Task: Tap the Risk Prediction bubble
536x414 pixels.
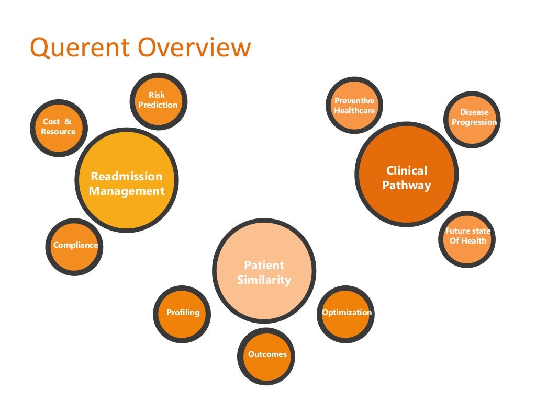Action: [x=158, y=100]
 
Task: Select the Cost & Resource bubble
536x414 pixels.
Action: [x=59, y=127]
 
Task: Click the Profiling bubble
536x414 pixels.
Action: [x=183, y=313]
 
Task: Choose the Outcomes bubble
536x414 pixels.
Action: [x=267, y=355]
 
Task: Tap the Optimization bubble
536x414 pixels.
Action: [x=346, y=313]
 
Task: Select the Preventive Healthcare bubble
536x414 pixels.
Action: [x=354, y=106]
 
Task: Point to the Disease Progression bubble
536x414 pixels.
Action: [x=474, y=118]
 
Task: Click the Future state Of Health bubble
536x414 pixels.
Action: [x=467, y=236]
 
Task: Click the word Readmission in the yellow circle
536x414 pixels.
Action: [x=127, y=176]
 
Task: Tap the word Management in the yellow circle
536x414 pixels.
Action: [x=127, y=191]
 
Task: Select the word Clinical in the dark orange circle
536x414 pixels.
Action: [x=407, y=170]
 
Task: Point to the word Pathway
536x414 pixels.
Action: [x=407, y=186]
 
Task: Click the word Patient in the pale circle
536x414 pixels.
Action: [x=264, y=265]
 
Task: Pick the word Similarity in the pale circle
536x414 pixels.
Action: [x=264, y=280]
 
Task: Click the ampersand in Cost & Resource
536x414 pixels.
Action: [x=68, y=122]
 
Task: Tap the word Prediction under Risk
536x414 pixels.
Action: [x=158, y=105]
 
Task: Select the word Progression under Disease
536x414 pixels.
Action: [x=474, y=122]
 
